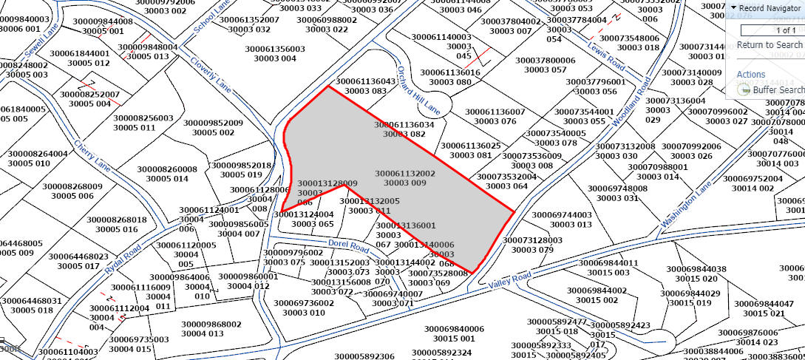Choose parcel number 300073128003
[532, 240]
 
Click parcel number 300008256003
[143, 118]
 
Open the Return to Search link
[770, 45]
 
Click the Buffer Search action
[778, 89]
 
